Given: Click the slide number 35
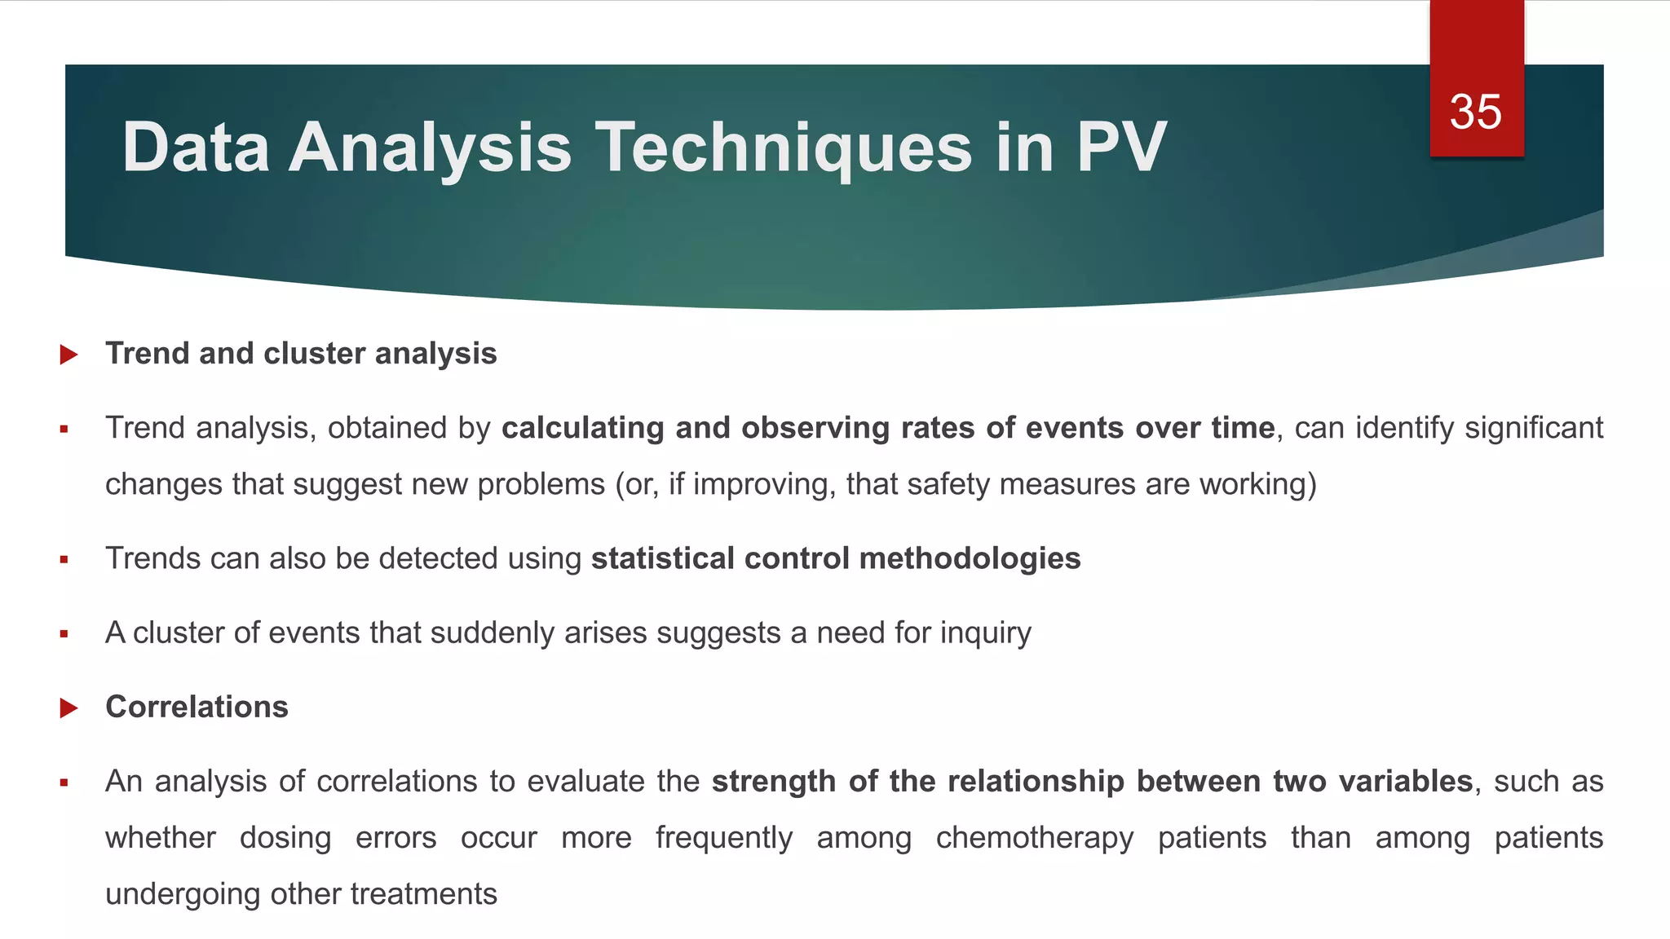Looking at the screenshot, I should [1475, 112].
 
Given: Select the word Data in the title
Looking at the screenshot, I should [196, 148].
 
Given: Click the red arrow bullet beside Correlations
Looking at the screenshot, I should [68, 708].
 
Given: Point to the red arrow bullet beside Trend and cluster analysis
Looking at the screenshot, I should [68, 355].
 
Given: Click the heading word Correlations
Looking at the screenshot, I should [197, 707].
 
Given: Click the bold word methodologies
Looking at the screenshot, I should [970, 558].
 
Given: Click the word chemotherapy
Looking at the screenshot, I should [1034, 838].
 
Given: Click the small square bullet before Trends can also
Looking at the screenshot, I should [64, 560].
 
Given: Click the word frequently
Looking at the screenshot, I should [723, 838].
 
